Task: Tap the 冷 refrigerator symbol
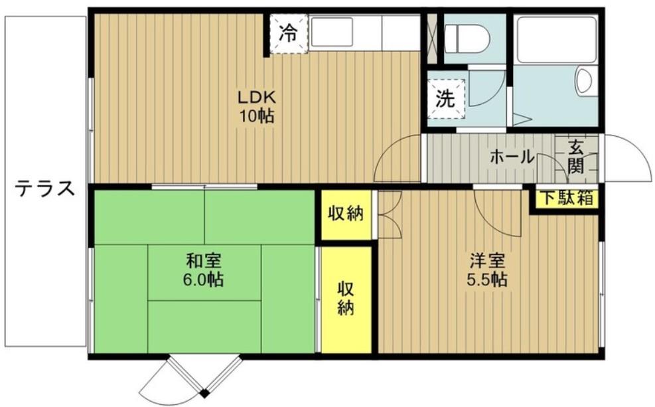coord(288,33)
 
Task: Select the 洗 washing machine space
coord(445,99)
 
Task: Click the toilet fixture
coord(467,39)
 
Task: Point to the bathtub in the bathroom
coord(555,40)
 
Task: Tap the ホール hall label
coord(512,157)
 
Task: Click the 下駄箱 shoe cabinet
coord(566,198)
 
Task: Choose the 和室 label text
coord(203,260)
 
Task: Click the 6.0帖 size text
coord(203,280)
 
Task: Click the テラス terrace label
coord(45,189)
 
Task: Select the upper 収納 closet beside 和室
coord(346,214)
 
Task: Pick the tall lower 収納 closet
coord(345,299)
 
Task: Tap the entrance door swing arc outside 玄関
coord(627,157)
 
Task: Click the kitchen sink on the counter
coord(332,32)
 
